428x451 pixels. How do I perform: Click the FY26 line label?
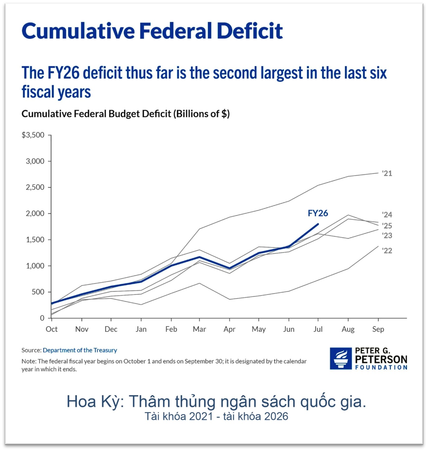coord(318,213)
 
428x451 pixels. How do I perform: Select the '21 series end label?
coord(387,173)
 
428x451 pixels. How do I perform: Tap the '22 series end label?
coord(387,251)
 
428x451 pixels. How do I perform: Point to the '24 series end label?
coord(387,215)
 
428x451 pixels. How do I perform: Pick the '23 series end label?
coord(387,236)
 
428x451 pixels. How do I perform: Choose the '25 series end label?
coord(387,226)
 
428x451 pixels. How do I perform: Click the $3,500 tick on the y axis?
coord(33,135)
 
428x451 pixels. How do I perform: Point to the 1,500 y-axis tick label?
coord(35,240)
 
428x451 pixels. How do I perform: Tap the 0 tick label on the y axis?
coord(42,318)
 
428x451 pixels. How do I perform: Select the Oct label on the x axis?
coord(52,329)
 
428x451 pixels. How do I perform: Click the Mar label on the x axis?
coord(199,329)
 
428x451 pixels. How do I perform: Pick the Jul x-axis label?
coord(318,329)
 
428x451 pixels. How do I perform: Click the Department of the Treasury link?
coord(80,350)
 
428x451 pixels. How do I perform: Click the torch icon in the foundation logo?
coord(341,358)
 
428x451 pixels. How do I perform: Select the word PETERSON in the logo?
coord(381,359)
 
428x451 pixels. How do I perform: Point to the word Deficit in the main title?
coord(250,31)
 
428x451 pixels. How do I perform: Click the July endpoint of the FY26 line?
coord(318,224)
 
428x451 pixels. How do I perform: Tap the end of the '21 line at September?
coord(378,173)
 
